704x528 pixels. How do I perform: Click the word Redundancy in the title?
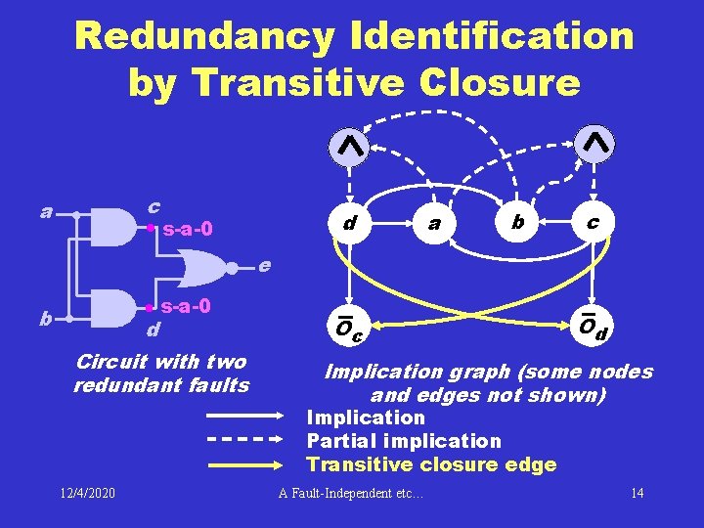coord(203,37)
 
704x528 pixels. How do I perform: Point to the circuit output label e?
coord(264,265)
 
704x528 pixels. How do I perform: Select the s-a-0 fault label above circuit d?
coord(186,306)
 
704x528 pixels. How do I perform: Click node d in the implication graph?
coord(348,224)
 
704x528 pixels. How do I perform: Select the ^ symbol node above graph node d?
coord(349,146)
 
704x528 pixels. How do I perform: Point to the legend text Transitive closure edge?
coord(431,464)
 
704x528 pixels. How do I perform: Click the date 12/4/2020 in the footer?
coord(87,492)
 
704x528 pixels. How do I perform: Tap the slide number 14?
coord(637,492)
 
